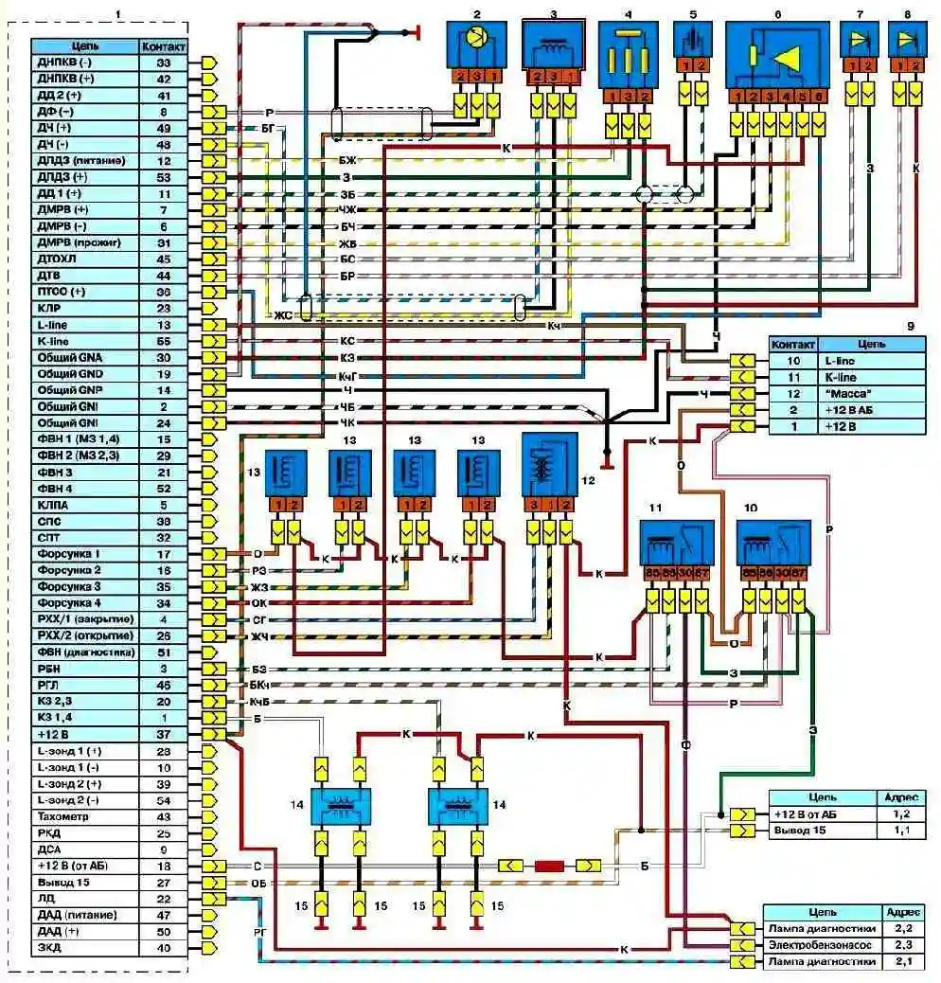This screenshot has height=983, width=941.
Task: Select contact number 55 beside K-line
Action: tap(164, 341)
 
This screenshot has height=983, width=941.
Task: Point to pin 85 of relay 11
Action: tap(651, 574)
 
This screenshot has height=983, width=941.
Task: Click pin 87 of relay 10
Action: tap(800, 574)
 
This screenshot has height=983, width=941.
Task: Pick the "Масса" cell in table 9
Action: tap(872, 393)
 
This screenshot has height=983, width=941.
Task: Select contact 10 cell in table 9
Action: tap(793, 362)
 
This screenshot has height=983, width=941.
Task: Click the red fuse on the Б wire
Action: tap(550, 866)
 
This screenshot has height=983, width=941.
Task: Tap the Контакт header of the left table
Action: tap(164, 45)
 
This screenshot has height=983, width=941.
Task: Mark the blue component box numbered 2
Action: tap(476, 45)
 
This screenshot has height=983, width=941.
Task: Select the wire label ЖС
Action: tap(283, 315)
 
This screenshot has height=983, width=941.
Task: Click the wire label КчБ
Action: tap(260, 703)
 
